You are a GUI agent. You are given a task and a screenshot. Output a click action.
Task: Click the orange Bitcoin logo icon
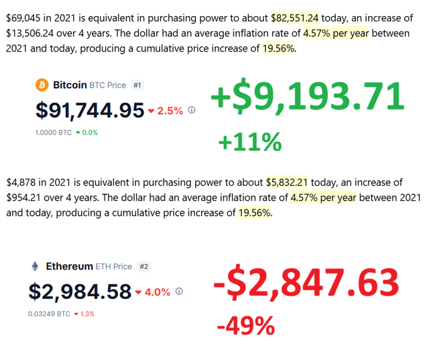click(42, 85)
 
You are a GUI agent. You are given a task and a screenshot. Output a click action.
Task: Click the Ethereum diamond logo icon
click(35, 266)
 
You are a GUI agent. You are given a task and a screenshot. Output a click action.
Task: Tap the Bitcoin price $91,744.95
click(90, 109)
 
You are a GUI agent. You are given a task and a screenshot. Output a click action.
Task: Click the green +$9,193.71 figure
click(308, 98)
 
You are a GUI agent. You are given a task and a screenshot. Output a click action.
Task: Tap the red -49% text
click(245, 326)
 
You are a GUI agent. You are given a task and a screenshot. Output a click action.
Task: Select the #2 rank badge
click(144, 266)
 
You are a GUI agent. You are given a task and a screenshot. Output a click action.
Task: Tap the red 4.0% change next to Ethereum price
click(157, 292)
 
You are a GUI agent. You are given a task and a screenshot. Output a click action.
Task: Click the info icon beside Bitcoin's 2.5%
click(192, 110)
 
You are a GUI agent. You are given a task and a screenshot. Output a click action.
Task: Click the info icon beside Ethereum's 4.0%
click(179, 292)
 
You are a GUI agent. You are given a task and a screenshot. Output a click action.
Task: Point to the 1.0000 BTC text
click(53, 132)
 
